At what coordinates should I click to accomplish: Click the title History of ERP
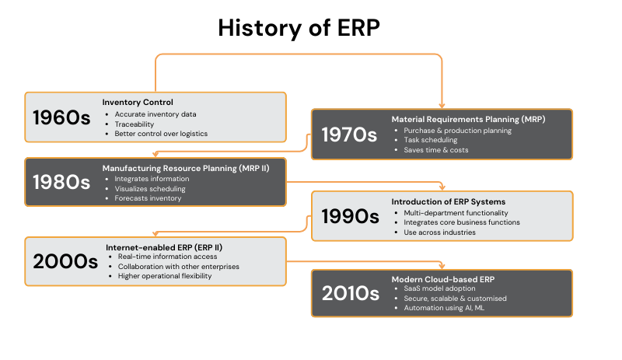(x=299, y=28)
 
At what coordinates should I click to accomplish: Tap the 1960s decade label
(x=61, y=117)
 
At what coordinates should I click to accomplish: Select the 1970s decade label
(x=349, y=135)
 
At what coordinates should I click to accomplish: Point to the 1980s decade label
(x=61, y=182)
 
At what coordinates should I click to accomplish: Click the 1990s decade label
(x=351, y=216)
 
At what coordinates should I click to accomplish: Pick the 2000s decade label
(x=65, y=261)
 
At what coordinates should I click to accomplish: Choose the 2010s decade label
(x=351, y=293)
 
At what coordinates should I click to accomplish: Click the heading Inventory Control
(x=138, y=102)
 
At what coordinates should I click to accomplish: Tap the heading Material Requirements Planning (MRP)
(x=469, y=119)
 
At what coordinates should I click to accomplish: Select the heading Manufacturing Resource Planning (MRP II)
(x=186, y=168)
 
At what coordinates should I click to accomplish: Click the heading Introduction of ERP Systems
(x=449, y=201)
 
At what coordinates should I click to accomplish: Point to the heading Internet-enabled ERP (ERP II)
(x=164, y=247)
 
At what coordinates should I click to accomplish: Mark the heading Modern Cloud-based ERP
(x=443, y=279)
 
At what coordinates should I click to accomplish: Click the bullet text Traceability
(x=134, y=124)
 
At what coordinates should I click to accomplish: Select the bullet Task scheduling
(x=431, y=140)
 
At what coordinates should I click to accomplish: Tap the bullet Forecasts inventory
(x=148, y=198)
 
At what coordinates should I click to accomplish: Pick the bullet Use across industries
(x=439, y=232)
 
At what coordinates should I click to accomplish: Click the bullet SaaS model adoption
(x=439, y=288)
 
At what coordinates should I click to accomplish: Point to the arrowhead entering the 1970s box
(x=442, y=106)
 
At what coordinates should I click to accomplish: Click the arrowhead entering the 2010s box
(x=442, y=267)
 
